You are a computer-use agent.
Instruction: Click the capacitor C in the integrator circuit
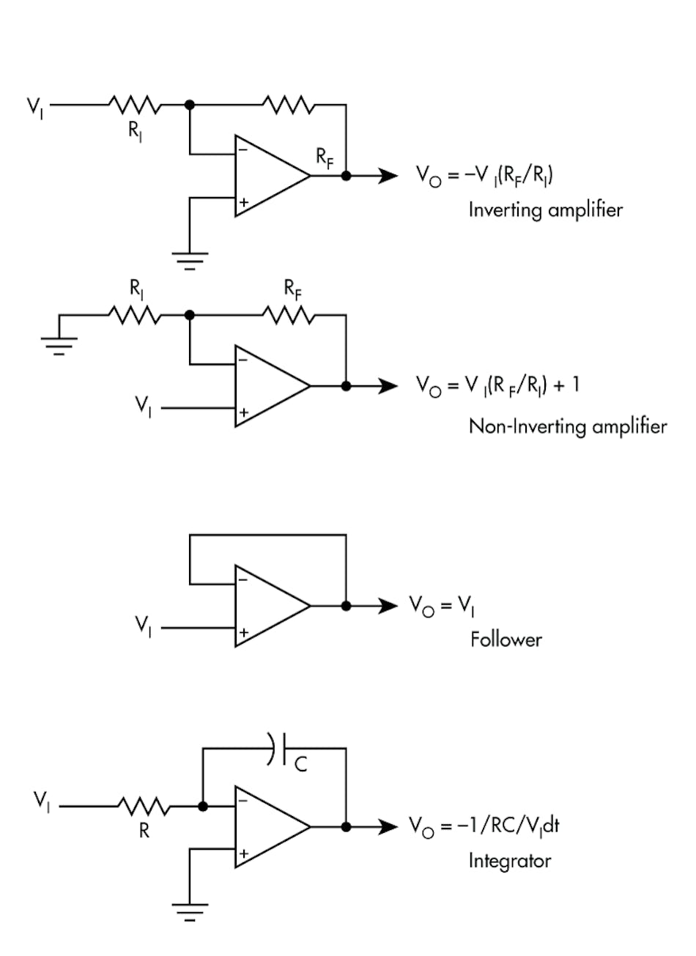coord(279,748)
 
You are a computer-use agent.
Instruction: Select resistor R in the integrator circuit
coord(144,807)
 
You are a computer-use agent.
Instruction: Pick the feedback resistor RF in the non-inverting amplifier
coord(289,315)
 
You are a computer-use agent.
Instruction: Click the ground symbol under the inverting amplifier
coord(190,260)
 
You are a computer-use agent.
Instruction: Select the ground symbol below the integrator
coord(190,911)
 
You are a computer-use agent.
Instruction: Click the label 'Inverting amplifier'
coord(545,210)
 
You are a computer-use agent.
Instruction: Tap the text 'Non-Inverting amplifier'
coord(568,426)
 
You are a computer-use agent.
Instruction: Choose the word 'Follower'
coord(506,640)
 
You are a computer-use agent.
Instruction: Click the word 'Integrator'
coord(509,860)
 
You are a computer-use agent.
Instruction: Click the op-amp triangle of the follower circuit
coord(267,606)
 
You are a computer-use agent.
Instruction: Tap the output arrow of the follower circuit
coord(387,606)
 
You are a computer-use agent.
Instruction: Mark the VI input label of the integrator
coord(42,801)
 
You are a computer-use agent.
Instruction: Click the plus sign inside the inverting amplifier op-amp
coord(243,201)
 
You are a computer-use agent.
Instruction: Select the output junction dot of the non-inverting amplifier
coord(346,386)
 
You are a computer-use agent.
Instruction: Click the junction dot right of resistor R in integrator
coord(203,807)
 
